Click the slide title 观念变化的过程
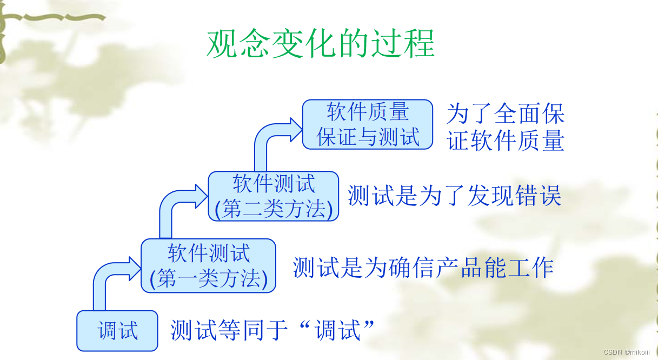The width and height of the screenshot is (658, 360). point(321,43)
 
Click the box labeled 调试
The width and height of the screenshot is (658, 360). point(117,330)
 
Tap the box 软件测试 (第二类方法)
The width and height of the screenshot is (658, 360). point(274,196)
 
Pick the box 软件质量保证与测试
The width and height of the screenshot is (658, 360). point(368,124)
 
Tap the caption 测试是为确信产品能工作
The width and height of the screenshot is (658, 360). point(423,268)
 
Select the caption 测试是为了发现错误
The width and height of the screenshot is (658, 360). point(454,196)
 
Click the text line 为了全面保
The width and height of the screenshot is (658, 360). point(506,114)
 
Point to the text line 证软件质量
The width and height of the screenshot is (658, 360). point(506,141)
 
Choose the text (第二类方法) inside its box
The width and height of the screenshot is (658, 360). point(274,209)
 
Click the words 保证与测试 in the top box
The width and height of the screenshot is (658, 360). point(368,137)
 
